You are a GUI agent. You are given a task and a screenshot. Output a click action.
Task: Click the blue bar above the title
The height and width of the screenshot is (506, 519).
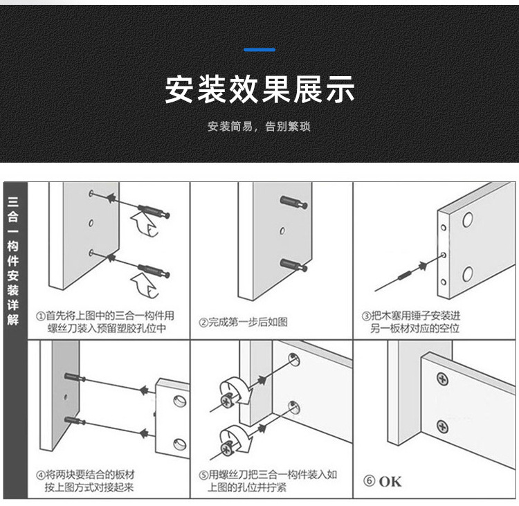(x=260, y=50)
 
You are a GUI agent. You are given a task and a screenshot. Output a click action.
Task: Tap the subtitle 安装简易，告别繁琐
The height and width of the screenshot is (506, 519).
(x=259, y=127)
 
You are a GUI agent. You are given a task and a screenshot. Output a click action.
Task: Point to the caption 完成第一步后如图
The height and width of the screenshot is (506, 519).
(x=244, y=322)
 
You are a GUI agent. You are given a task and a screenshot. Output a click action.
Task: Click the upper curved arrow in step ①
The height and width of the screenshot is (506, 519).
(x=143, y=225)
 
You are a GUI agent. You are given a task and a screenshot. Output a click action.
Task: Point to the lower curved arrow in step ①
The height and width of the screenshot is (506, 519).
(x=144, y=283)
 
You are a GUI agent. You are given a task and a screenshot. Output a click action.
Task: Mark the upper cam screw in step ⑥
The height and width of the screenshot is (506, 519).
(x=442, y=379)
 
